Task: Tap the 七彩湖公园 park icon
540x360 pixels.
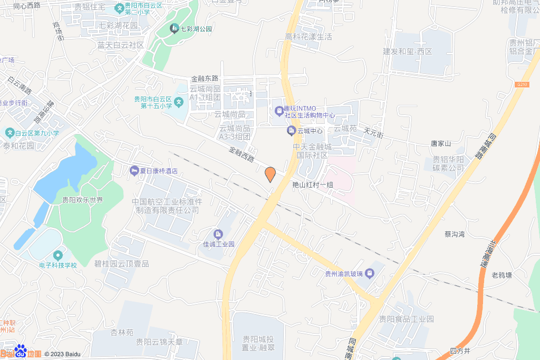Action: click(x=174, y=28)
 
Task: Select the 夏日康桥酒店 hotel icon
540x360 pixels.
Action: click(x=134, y=171)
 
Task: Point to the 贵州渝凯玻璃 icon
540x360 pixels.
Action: click(x=370, y=273)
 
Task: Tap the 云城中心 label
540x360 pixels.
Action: click(x=310, y=131)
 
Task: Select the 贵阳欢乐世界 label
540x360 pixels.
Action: click(x=82, y=200)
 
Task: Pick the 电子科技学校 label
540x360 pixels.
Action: click(x=58, y=265)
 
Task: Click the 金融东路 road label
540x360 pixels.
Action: click(x=205, y=78)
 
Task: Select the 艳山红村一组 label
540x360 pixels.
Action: click(x=313, y=185)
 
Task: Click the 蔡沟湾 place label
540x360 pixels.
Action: click(x=454, y=234)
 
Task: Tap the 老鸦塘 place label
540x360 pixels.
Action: click(x=502, y=275)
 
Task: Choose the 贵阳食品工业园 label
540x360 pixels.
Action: click(x=406, y=319)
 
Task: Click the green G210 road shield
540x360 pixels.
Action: click(x=522, y=84)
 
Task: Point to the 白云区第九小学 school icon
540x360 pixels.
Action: click(x=9, y=133)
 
